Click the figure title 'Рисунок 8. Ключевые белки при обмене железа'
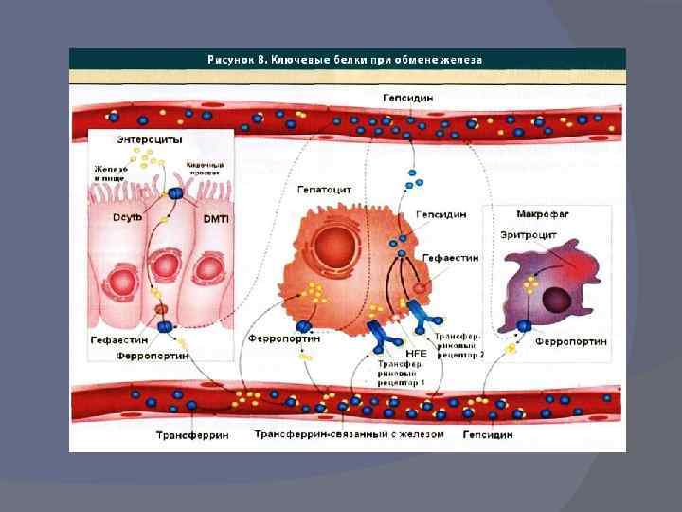coord(345,59)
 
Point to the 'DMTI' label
coord(217,218)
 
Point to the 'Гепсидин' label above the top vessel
coord(408,98)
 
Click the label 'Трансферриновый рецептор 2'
coord(458,345)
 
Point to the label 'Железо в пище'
coord(110,173)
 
